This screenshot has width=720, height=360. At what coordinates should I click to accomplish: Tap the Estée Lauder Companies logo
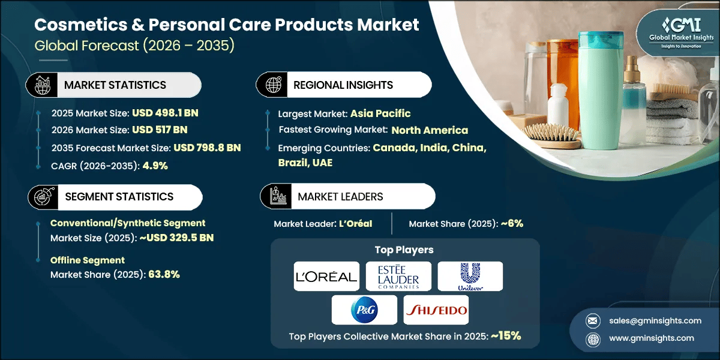(x=398, y=276)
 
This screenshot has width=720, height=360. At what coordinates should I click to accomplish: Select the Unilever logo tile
(x=470, y=276)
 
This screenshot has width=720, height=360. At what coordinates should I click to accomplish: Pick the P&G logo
(x=364, y=310)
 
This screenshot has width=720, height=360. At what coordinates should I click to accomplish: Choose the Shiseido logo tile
(x=436, y=310)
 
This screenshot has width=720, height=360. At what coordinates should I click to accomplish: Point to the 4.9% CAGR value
(x=155, y=166)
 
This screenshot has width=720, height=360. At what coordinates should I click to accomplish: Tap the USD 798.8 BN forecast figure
(x=207, y=148)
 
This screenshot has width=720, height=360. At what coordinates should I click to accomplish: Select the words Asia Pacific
(x=380, y=113)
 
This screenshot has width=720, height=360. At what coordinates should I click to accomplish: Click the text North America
(x=430, y=130)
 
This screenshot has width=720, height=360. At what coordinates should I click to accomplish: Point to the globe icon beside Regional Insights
(x=274, y=85)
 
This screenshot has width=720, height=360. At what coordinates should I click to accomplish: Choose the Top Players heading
(x=404, y=250)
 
